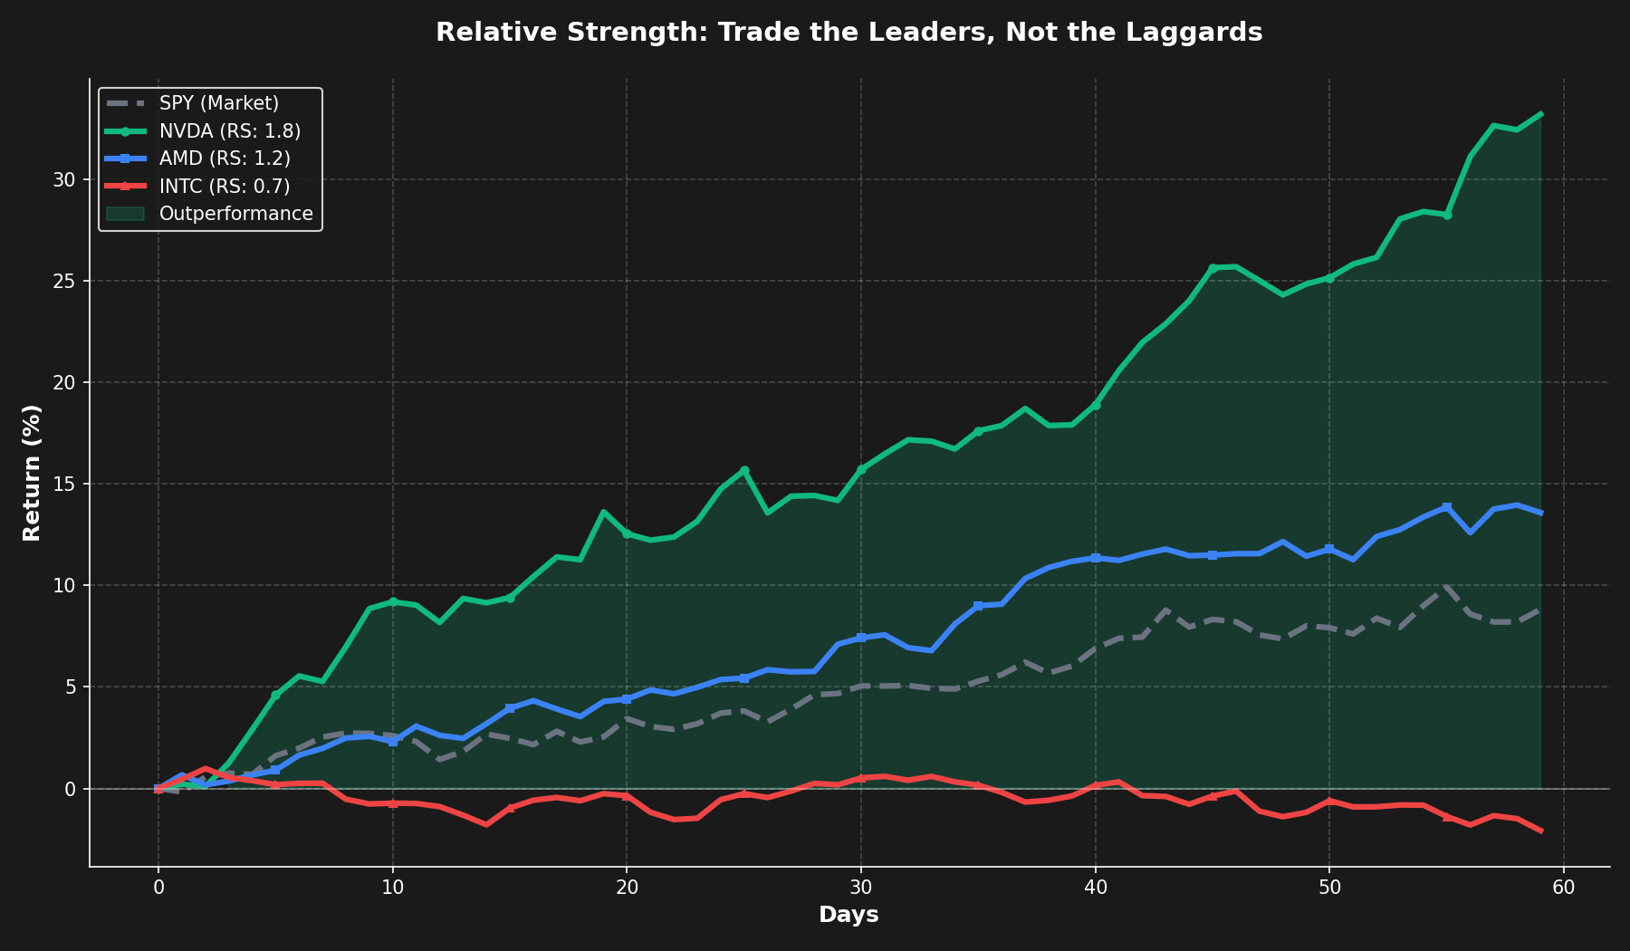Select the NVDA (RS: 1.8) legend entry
(230, 131)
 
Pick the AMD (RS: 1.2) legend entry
(225, 158)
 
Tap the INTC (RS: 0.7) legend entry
(225, 187)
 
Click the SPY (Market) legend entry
(219, 103)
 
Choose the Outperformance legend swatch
(125, 214)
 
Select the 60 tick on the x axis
(1564, 889)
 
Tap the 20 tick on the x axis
(627, 889)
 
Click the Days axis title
(849, 915)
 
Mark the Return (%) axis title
(32, 473)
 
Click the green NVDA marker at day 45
(1213, 268)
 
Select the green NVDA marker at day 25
(744, 470)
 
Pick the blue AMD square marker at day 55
(1447, 507)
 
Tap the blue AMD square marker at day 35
(978, 606)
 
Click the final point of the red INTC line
(1540, 831)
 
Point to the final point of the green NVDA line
(1540, 114)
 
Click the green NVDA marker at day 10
(393, 601)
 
